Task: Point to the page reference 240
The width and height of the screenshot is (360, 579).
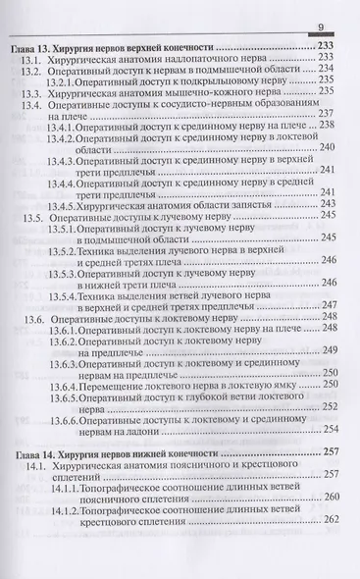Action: (x=329, y=148)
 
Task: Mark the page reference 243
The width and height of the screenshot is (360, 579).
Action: (x=329, y=203)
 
